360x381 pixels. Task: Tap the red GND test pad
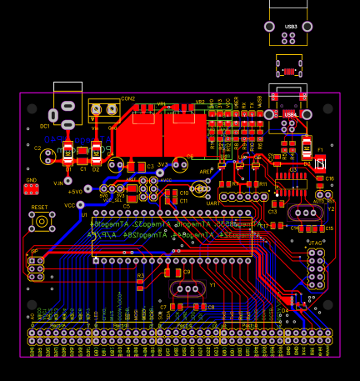coord(32,189)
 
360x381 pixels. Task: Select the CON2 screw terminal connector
coord(104,109)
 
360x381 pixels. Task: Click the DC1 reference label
coord(45,126)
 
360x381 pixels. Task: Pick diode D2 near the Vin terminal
coord(97,153)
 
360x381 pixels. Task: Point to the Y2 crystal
coord(306,213)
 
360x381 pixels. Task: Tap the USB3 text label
coord(290,27)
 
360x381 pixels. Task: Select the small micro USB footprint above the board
coord(289,67)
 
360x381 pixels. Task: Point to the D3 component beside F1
coord(321,163)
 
